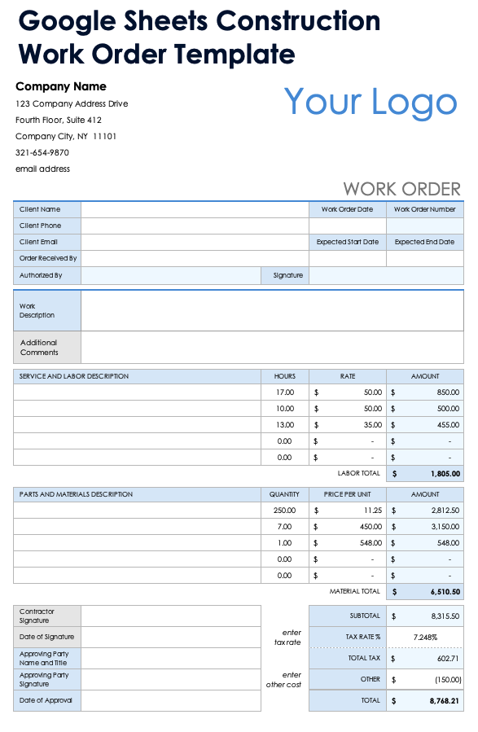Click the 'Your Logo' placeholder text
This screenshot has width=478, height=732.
[x=371, y=102]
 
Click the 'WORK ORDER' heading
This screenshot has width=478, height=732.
[x=401, y=189]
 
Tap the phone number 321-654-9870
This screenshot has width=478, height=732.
[x=42, y=152]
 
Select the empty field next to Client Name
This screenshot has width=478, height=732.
[x=195, y=209]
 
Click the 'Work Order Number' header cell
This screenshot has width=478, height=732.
[x=424, y=209]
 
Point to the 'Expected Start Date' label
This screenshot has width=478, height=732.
[x=348, y=242]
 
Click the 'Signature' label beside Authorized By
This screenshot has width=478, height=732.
[x=288, y=275]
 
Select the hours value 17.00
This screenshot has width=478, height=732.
[x=285, y=392]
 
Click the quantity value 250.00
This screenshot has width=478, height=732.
[x=285, y=511]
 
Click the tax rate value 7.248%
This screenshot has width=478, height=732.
[x=425, y=637]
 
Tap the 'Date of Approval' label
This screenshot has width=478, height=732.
[x=46, y=700]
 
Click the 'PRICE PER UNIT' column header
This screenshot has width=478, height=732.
[x=348, y=494]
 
